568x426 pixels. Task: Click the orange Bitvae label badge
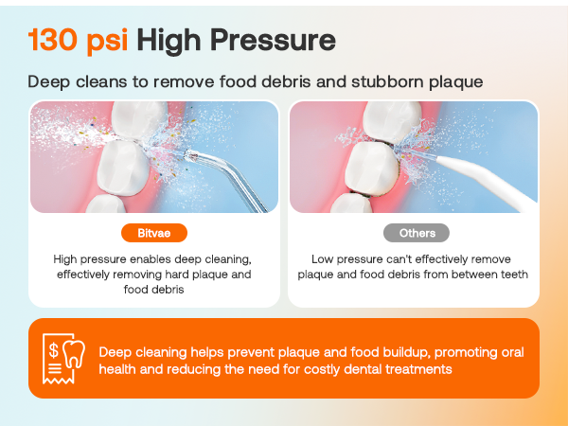[154, 232]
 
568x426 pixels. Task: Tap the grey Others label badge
[416, 232]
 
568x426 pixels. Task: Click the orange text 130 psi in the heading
[78, 40]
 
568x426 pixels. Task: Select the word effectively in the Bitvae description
[87, 275]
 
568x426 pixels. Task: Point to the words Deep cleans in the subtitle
[76, 81]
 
